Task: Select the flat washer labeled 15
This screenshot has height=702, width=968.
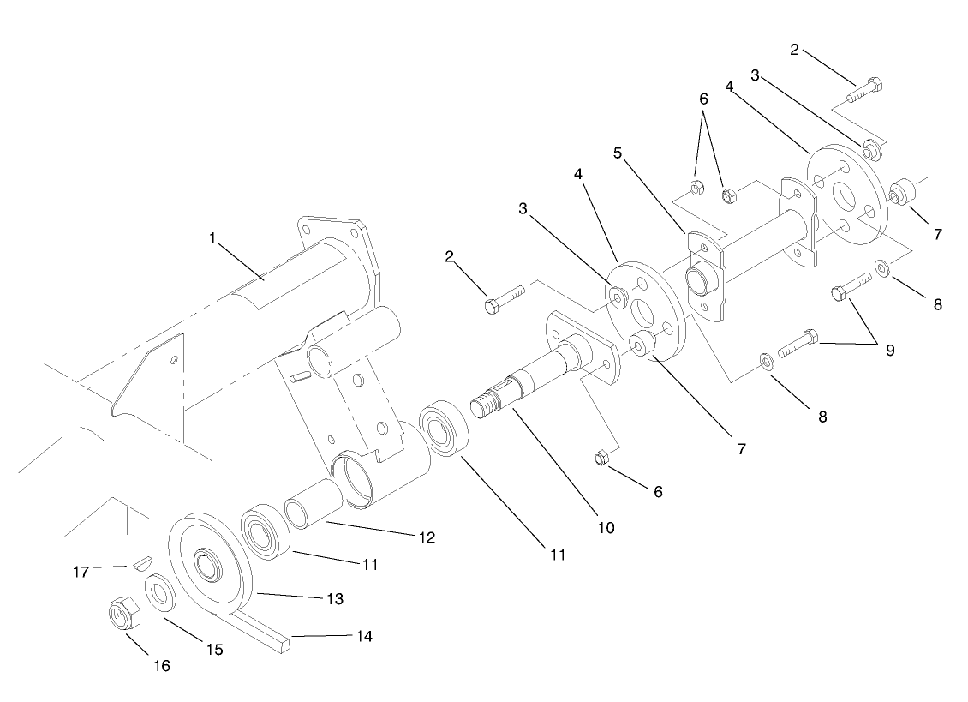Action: click(158, 592)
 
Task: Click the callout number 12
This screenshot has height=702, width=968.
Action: click(426, 537)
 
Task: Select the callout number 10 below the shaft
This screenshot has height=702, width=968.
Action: click(605, 527)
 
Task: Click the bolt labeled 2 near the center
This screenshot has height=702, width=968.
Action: click(502, 303)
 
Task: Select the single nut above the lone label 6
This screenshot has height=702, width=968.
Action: click(601, 458)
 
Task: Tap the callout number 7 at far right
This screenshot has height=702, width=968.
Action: click(936, 233)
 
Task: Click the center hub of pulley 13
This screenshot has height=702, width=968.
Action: click(207, 564)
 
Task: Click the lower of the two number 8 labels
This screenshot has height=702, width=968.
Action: click(822, 417)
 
